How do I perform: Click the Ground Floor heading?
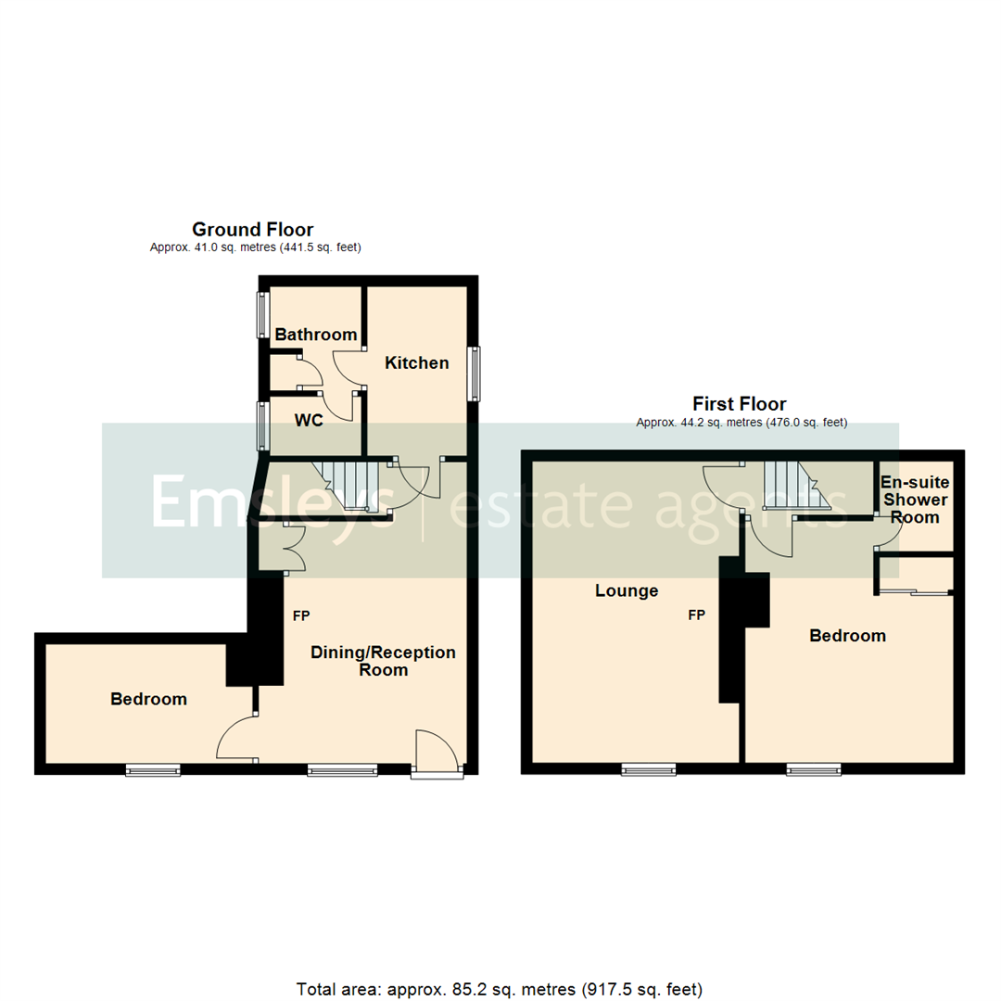tap(252, 229)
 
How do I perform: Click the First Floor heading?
tap(740, 404)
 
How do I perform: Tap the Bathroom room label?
tap(316, 335)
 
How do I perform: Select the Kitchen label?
tap(417, 362)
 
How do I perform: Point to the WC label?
tap(309, 421)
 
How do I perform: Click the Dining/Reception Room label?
tap(383, 661)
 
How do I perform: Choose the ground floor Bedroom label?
tap(148, 699)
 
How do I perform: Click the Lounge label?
tap(627, 590)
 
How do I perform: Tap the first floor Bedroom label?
tap(847, 636)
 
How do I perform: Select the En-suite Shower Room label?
tap(915, 500)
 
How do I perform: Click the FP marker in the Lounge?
tap(695, 615)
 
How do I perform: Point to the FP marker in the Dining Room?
tap(301, 615)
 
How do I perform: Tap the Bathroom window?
tap(262, 315)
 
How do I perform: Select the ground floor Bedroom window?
tap(153, 769)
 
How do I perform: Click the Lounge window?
tap(648, 768)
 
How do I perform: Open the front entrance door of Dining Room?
tap(436, 753)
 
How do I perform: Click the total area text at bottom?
tap(500, 988)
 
